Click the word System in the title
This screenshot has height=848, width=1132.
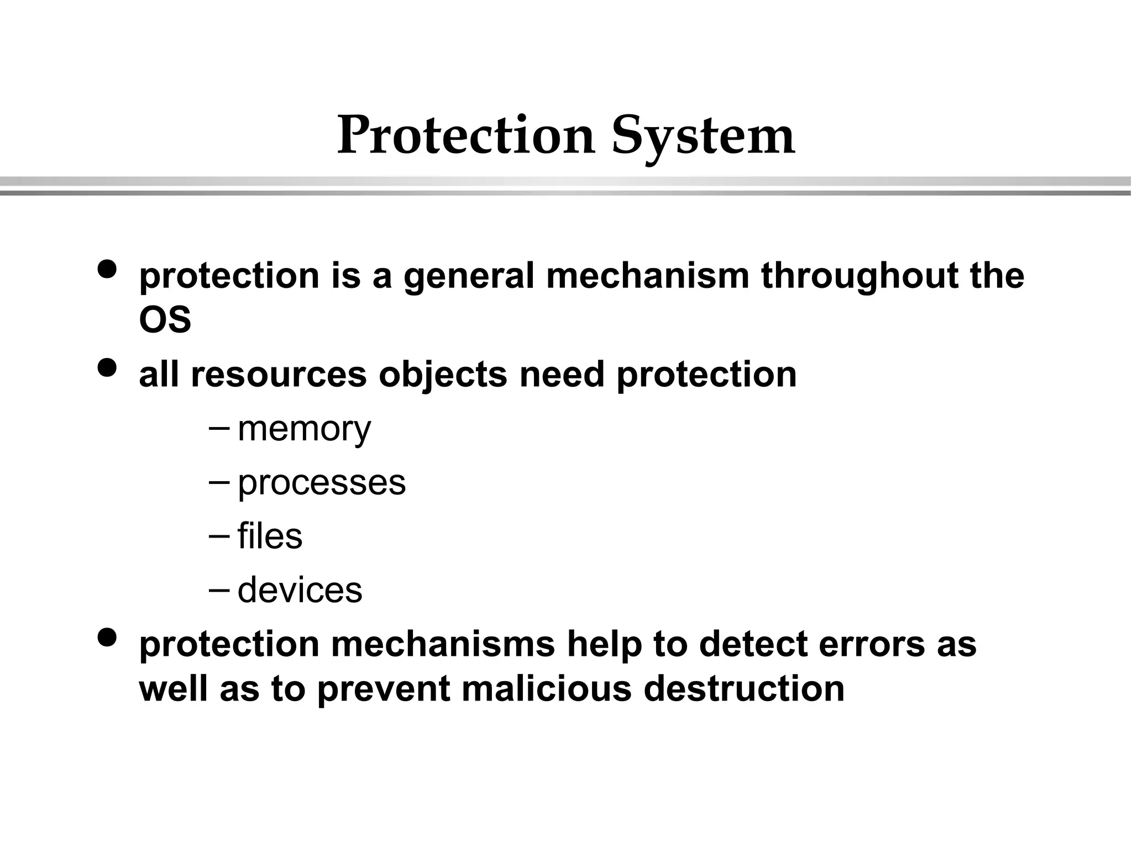703,136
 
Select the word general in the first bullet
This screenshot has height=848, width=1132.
469,276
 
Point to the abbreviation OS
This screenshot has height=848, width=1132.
165,320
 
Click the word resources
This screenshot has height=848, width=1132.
279,375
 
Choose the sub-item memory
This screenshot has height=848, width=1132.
304,429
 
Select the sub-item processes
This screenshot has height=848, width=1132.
322,483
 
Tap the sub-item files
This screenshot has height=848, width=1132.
270,536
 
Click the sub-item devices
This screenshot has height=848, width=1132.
300,590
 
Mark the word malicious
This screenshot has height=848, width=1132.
546,689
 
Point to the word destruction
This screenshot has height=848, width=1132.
744,689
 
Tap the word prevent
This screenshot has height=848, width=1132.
384,690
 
